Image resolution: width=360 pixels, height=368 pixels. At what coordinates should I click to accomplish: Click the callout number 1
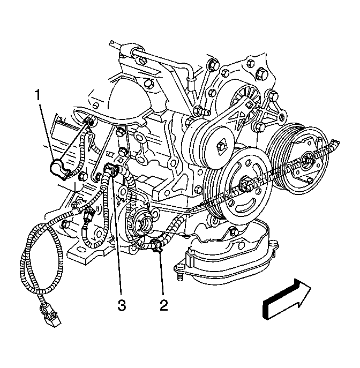(x=37, y=95)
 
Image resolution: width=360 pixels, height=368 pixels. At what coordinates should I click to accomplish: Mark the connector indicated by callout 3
(x=111, y=169)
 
